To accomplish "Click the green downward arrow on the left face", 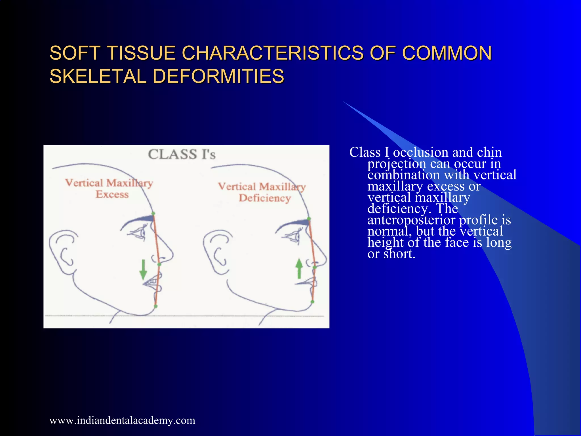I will pyautogui.click(x=143, y=270).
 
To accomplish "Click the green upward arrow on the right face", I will pyautogui.click(x=299, y=268).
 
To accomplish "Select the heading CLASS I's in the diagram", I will pyautogui.click(x=182, y=154).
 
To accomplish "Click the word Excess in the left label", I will pyautogui.click(x=112, y=194).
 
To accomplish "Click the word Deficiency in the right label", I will pyautogui.click(x=265, y=198).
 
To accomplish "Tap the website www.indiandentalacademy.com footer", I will pyautogui.click(x=122, y=420).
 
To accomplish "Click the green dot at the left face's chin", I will pyautogui.click(x=156, y=306).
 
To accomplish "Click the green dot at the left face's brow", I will pyautogui.click(x=153, y=213).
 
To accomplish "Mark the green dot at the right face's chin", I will pyautogui.click(x=312, y=302).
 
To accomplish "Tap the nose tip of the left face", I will pyautogui.click(x=171, y=254).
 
